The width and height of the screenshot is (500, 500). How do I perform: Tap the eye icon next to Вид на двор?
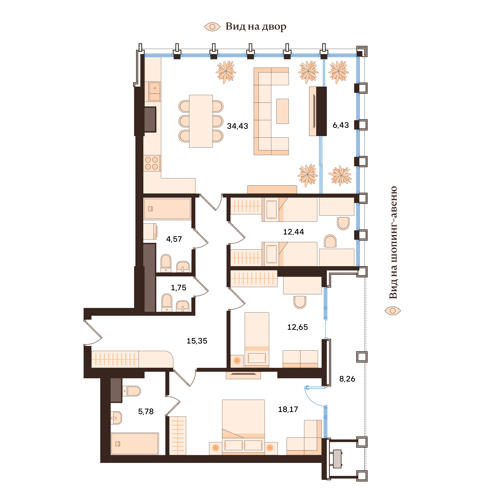click(x=212, y=27)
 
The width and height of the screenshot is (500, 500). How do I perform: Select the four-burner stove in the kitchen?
click(x=152, y=163)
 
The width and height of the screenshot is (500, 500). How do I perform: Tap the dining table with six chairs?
click(x=201, y=121)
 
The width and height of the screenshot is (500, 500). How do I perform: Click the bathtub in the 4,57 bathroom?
click(x=167, y=209)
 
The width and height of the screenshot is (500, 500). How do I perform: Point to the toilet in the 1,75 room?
click(x=167, y=302)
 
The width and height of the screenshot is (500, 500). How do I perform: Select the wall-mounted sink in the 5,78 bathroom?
click(x=116, y=418)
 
